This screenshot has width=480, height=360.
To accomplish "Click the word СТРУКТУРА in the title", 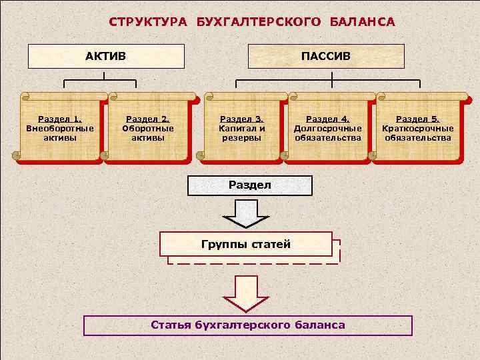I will (x=149, y=22).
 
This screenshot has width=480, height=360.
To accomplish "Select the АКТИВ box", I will (x=106, y=57).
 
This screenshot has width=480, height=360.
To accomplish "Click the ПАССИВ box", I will (x=326, y=57).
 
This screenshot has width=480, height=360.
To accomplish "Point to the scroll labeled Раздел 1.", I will (x=59, y=128).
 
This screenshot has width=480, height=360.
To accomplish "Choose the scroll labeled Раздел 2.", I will (x=148, y=128).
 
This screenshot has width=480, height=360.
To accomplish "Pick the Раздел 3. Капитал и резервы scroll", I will (x=241, y=128).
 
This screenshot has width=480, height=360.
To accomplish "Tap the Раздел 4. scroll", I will (x=328, y=128).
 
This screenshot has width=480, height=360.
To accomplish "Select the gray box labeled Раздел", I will (x=250, y=185).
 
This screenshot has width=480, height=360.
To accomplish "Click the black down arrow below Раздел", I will (x=245, y=213).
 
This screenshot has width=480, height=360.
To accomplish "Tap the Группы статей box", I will (x=246, y=244).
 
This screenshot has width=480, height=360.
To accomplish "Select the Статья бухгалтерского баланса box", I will (x=248, y=325).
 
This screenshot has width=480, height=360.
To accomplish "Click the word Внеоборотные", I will (x=60, y=128).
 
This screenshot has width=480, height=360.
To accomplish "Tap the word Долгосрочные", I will (x=328, y=128).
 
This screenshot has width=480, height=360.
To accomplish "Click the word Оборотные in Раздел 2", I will (x=148, y=128).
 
